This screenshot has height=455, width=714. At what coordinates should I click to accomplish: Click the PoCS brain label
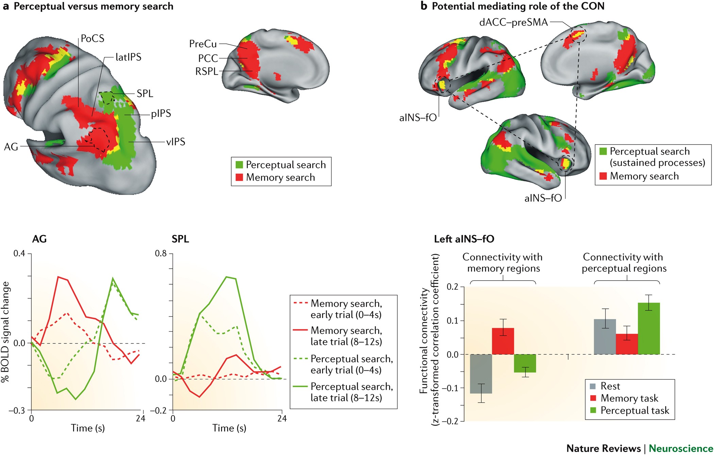click(x=92, y=38)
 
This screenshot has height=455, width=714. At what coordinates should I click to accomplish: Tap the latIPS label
click(x=128, y=57)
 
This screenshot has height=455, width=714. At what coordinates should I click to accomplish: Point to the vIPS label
click(x=175, y=141)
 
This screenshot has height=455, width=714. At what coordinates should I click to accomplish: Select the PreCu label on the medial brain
click(x=203, y=44)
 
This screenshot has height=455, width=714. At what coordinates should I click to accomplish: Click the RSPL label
click(x=206, y=71)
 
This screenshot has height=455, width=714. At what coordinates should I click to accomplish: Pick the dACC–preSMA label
click(x=513, y=22)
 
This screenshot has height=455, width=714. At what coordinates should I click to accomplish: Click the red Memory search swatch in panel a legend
click(x=239, y=177)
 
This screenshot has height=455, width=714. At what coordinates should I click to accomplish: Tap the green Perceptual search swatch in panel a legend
click(x=239, y=165)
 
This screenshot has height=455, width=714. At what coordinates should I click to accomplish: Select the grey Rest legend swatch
click(x=593, y=386)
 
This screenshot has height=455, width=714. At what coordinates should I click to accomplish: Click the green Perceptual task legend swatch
click(x=593, y=410)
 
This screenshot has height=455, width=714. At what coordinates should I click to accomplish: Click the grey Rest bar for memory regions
click(x=481, y=374)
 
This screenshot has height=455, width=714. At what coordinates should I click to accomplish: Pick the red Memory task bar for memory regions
click(x=503, y=341)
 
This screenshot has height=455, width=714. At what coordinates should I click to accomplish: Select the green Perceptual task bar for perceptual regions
click(x=649, y=328)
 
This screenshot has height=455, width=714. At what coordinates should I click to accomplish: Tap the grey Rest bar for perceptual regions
click(x=605, y=337)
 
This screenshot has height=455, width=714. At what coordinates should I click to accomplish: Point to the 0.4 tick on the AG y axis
click(x=19, y=254)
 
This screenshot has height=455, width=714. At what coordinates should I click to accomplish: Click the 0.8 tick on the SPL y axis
click(x=161, y=254)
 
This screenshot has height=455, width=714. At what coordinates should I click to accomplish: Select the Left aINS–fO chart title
click(x=464, y=239)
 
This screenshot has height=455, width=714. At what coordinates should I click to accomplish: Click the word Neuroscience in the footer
click(x=681, y=448)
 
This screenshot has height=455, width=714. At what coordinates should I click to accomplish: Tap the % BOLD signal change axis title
click(x=6, y=332)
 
